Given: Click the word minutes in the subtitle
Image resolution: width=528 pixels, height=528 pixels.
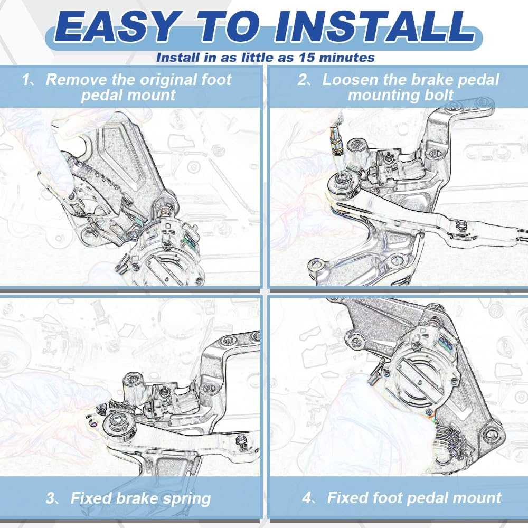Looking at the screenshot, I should pos(348,57).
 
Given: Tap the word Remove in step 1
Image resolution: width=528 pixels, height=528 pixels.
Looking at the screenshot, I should pos(75,80).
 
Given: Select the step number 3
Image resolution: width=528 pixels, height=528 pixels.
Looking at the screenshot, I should pos(50,498).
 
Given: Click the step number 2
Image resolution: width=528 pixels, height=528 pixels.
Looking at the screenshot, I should pos(303,80).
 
